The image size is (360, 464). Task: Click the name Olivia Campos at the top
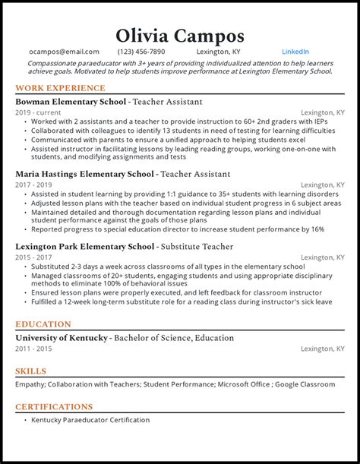point(180,35)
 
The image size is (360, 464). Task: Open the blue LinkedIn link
point(295,52)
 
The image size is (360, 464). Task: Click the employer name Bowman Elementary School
point(70,101)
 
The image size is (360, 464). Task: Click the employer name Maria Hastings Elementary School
point(84,174)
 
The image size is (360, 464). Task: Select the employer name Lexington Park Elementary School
point(84,247)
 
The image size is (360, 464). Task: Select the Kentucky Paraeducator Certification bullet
point(90,420)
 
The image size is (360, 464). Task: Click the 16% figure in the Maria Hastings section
point(317,229)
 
